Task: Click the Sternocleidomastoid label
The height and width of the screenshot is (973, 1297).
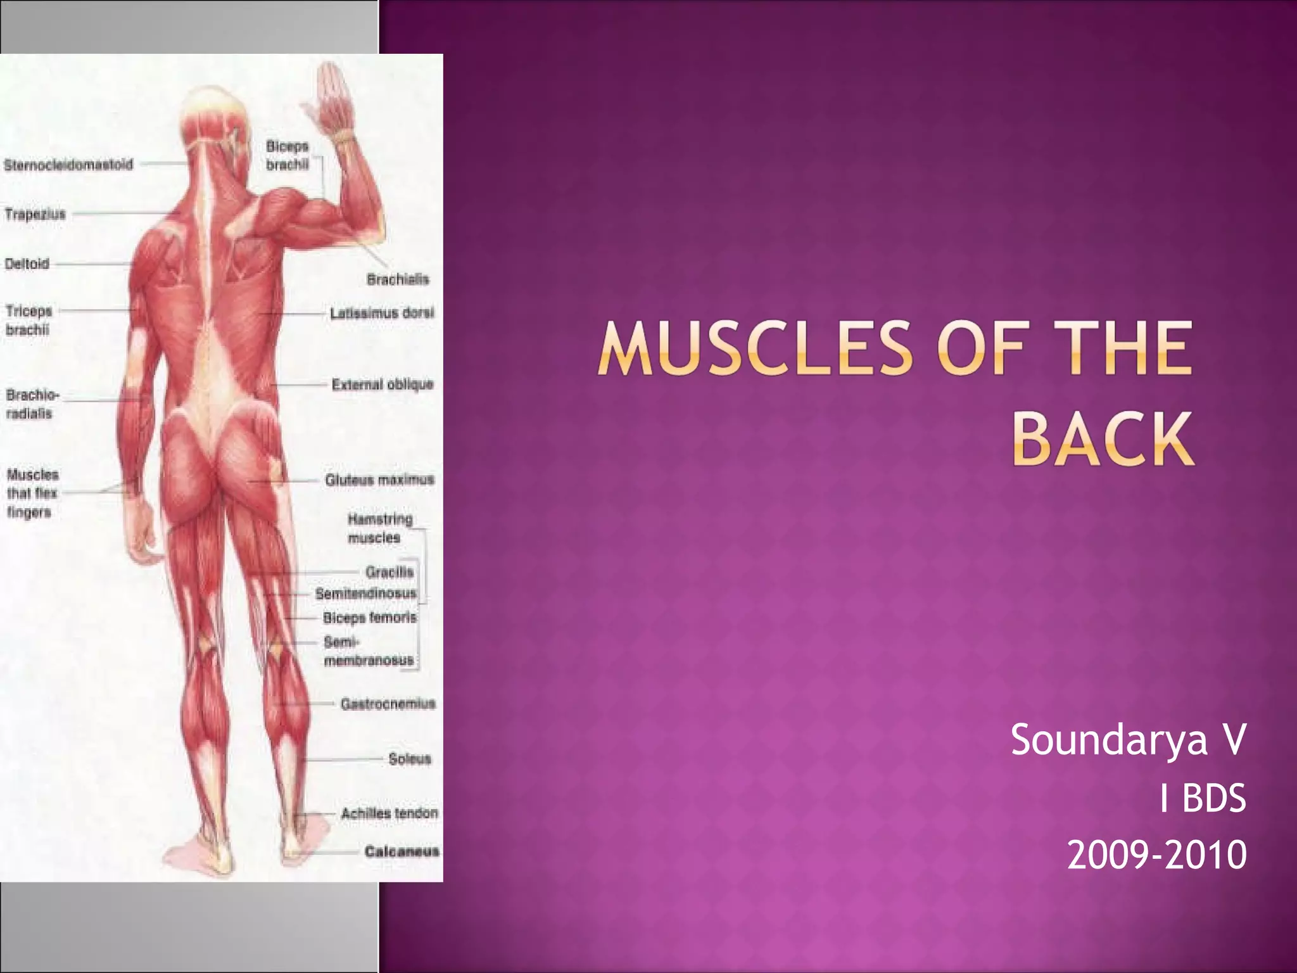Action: tap(68, 165)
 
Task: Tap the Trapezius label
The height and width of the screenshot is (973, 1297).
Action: tap(35, 214)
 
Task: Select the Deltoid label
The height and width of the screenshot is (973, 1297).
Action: tap(27, 264)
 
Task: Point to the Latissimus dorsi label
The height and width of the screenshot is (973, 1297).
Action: tap(382, 313)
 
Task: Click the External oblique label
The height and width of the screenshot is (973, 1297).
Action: tap(383, 385)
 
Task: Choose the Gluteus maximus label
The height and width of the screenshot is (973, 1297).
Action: tap(379, 480)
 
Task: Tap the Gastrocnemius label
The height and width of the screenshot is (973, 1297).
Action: tap(388, 704)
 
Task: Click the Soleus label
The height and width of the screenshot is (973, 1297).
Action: tap(410, 758)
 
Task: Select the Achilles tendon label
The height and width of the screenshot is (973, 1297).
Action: tap(389, 813)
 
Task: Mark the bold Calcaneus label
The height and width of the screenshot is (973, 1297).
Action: tap(402, 851)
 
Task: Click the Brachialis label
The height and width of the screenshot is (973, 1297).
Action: tap(398, 279)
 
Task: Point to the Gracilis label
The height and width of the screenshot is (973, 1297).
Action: tap(389, 572)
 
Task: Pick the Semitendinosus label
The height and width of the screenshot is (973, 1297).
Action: tap(366, 594)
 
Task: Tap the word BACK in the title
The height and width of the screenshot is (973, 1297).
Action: tap(1103, 438)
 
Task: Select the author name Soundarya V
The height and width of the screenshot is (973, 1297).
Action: tap(1128, 739)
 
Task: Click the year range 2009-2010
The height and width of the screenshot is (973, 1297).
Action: tap(1156, 855)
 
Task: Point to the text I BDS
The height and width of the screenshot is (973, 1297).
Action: tap(1202, 798)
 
